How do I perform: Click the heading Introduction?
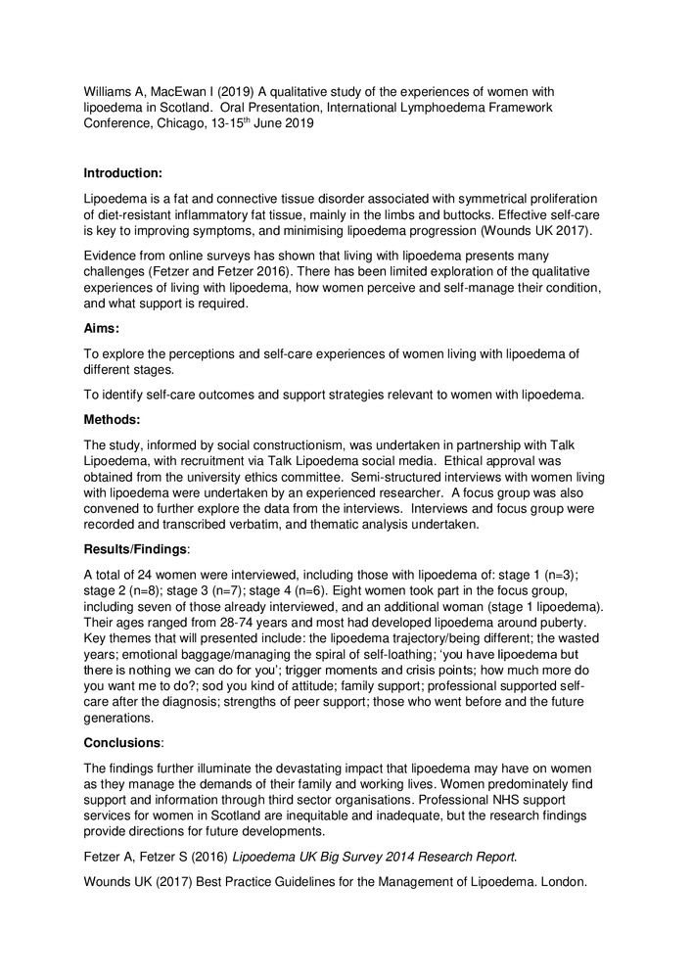point(122,173)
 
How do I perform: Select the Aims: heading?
point(101,331)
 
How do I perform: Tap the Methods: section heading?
point(112,419)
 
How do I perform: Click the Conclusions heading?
point(123,742)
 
